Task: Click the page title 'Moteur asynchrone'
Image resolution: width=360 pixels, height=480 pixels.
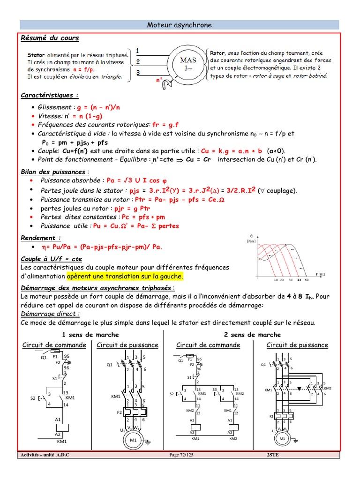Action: (180, 25)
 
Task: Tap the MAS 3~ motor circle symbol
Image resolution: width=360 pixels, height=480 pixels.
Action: (185, 63)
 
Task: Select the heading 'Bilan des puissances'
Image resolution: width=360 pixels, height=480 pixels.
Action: (53, 172)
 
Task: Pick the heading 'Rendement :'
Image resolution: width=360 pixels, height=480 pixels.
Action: (41, 238)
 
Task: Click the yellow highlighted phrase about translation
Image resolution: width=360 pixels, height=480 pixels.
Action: (125, 276)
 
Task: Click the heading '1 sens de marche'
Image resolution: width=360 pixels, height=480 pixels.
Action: (90, 335)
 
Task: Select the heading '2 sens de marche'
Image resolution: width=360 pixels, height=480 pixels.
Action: (252, 335)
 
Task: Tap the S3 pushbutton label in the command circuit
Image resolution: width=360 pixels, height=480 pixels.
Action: (216, 389)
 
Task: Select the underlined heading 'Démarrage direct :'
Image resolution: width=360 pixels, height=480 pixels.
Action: (51, 314)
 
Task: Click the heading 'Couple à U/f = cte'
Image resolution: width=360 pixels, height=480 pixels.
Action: (52, 258)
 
